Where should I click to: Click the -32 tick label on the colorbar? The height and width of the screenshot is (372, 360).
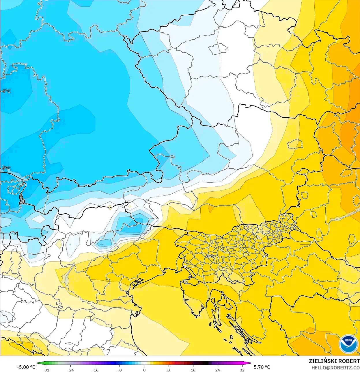pyautogui.click(x=46, y=370)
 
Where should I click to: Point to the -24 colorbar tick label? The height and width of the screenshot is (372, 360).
pyautogui.click(x=70, y=370)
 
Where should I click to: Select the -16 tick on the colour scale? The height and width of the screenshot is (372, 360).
pyautogui.click(x=95, y=370)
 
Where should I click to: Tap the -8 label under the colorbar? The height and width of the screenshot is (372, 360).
pyautogui.click(x=120, y=370)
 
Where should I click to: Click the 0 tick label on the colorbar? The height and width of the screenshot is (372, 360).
pyautogui.click(x=144, y=370)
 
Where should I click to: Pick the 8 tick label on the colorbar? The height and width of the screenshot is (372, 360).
pyautogui.click(x=169, y=370)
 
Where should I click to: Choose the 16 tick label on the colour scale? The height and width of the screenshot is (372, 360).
pyautogui.click(x=193, y=370)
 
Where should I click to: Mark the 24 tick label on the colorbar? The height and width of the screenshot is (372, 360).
pyautogui.click(x=217, y=370)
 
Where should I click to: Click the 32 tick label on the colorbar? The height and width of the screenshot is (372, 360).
pyautogui.click(x=242, y=370)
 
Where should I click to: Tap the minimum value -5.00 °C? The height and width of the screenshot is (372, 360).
pyautogui.click(x=26, y=367)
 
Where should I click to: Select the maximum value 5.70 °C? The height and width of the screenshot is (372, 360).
pyautogui.click(x=262, y=367)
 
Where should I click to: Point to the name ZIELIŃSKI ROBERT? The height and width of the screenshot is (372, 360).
pyautogui.click(x=334, y=361)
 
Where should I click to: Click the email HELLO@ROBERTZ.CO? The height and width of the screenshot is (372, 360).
pyautogui.click(x=335, y=367)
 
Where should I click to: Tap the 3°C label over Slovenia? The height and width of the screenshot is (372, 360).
pyautogui.click(x=210, y=256)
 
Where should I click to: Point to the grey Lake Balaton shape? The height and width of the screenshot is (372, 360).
pyautogui.click(x=344, y=216)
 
